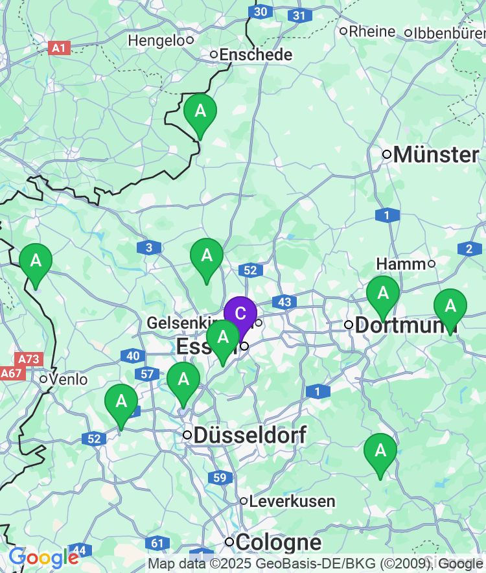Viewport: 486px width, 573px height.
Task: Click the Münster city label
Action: tap(435, 155)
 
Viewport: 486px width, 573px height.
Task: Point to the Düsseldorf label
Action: tap(249, 435)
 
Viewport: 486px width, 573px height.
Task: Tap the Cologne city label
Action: tap(278, 542)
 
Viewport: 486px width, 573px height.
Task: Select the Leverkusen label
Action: tap(292, 501)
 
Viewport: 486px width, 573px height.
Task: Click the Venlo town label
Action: tap(69, 379)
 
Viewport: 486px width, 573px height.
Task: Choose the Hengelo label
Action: tap(156, 40)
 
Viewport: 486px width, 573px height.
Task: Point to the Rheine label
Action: tap(372, 31)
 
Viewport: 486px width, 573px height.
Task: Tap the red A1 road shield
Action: tap(59, 48)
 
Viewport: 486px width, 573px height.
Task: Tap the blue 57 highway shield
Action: tap(146, 374)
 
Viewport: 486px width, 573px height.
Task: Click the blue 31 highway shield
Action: tap(298, 16)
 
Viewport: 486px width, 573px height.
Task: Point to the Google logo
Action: tap(43, 557)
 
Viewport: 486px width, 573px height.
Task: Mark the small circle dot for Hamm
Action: tap(432, 264)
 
